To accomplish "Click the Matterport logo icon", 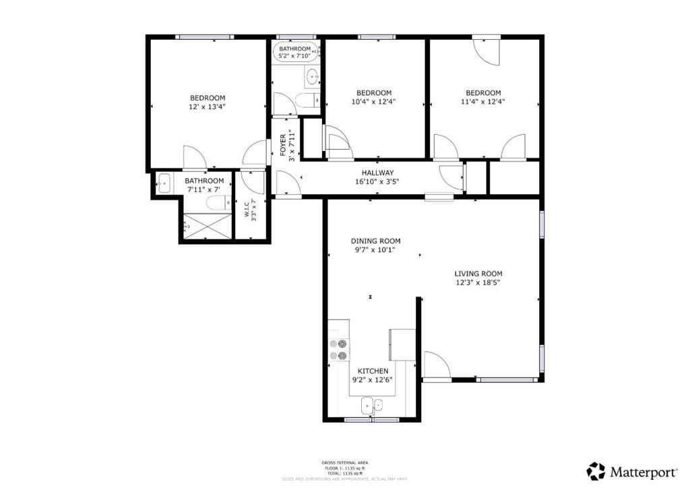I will point(596,470).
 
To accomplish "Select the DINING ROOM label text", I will point(375,241).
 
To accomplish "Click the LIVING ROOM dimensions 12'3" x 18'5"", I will point(478,283).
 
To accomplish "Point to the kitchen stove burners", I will point(338,350).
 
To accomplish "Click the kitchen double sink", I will point(371,405).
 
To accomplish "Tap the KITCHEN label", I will point(373,371).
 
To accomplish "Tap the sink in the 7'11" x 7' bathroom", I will point(164,183).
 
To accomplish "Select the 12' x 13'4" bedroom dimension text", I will point(208,106).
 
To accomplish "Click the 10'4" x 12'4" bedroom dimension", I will point(374,102).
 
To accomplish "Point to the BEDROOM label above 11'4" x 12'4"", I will point(483,93).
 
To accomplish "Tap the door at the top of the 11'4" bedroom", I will point(486,52).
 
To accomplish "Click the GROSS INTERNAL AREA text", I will point(344,462).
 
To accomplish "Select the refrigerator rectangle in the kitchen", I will point(402,345).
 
